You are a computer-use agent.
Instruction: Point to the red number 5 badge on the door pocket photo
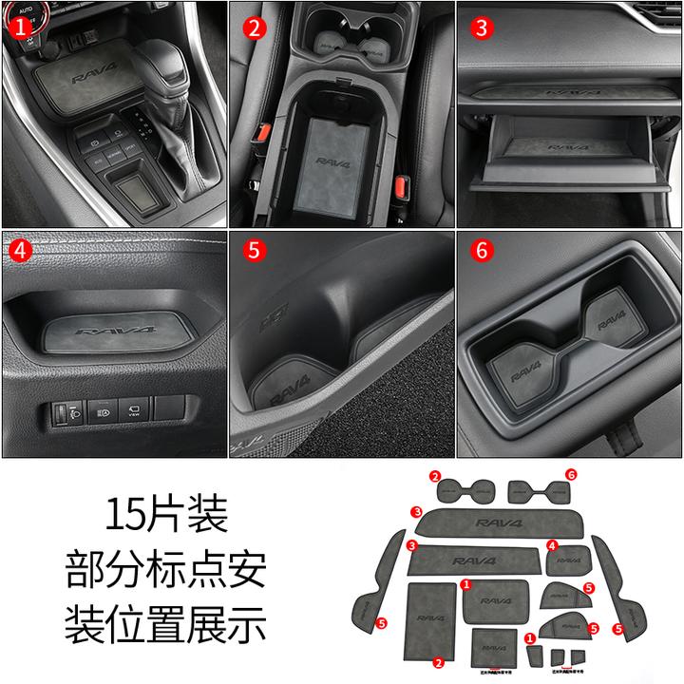coord(253,253)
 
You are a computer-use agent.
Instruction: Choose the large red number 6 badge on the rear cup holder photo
coord(482,253)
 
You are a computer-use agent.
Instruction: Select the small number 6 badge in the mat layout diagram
coord(570,474)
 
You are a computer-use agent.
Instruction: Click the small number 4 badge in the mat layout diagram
coord(552,545)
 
